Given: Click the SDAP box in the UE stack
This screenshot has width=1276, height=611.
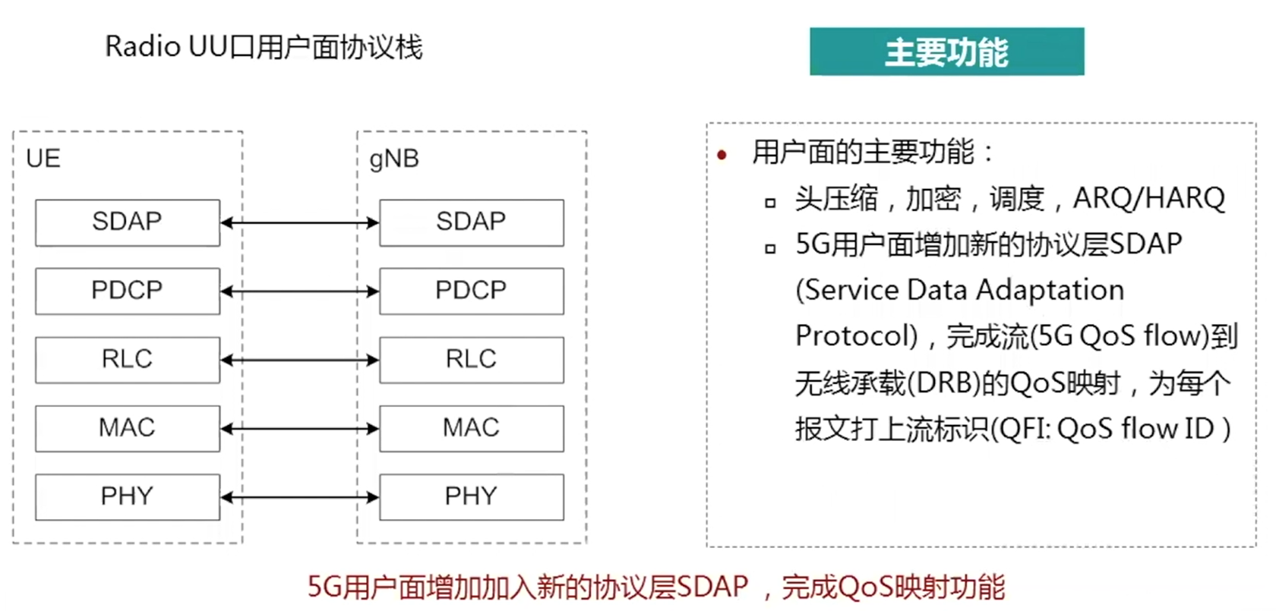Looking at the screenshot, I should (x=128, y=222).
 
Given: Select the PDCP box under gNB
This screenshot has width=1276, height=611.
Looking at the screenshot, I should (x=471, y=291).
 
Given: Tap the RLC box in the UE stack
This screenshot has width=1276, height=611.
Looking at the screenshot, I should (x=128, y=360).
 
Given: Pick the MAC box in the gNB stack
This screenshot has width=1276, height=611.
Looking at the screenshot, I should (x=471, y=428).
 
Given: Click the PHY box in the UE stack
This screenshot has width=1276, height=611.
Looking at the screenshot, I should (x=128, y=497).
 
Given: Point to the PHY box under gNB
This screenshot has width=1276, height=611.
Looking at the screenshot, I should (x=471, y=497).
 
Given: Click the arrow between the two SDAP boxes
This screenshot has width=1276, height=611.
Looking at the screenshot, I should (x=300, y=222).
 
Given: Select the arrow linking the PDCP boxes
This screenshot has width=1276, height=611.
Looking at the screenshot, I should (x=300, y=291).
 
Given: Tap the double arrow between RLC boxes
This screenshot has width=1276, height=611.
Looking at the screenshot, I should (x=300, y=360).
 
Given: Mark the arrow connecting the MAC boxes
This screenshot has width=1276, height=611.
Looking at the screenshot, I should (x=300, y=429).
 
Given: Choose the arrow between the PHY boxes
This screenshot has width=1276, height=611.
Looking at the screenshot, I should (x=300, y=497).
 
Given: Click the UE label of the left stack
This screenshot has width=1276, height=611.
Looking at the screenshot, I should (x=43, y=159).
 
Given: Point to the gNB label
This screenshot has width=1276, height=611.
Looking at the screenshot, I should (x=394, y=159).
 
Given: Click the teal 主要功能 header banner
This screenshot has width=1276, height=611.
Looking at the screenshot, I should (x=946, y=52).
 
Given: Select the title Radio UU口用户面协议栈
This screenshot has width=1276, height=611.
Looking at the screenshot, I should (x=264, y=47).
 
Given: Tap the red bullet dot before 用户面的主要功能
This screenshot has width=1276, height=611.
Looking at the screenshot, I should (x=722, y=156).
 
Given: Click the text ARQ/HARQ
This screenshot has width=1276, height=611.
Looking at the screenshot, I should (x=1148, y=199).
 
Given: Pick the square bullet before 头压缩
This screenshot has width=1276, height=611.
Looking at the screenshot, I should (x=770, y=203).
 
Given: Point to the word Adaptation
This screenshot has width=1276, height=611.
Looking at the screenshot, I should (x=1050, y=290).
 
